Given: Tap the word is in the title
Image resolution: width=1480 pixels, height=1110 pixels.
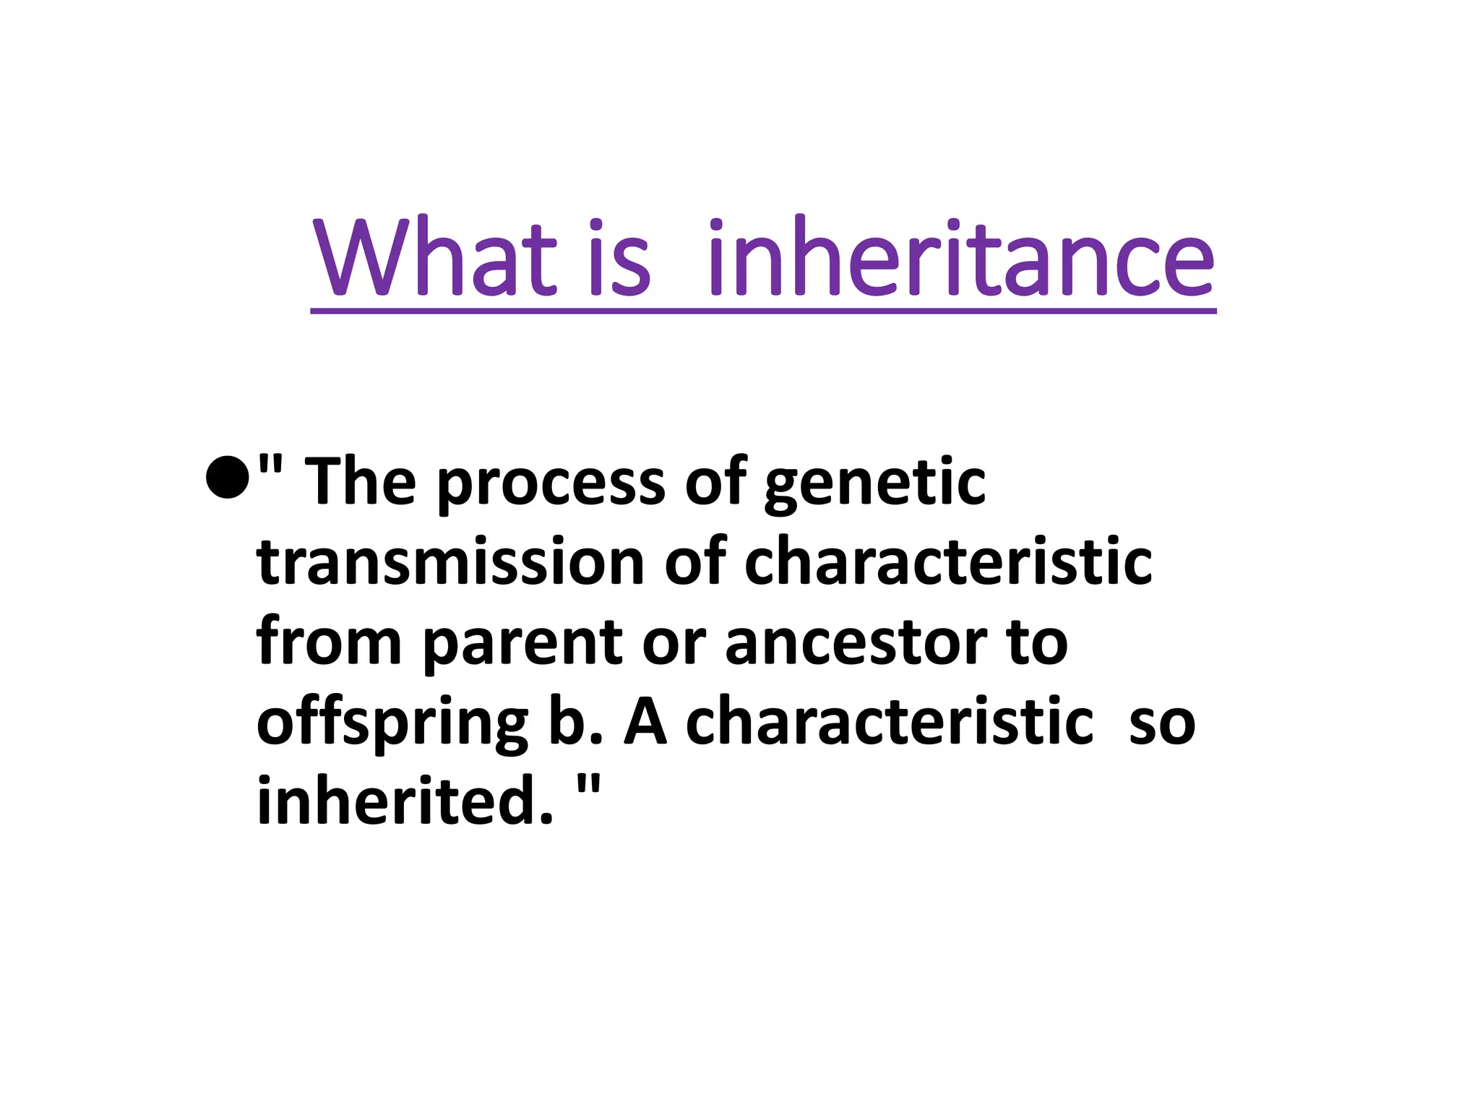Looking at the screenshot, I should click(x=619, y=258).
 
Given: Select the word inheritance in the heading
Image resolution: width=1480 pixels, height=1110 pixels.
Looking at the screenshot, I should click(x=961, y=258).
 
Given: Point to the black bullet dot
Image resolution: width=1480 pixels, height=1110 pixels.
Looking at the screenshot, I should click(x=227, y=477).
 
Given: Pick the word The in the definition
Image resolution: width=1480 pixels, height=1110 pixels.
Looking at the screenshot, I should click(x=361, y=482).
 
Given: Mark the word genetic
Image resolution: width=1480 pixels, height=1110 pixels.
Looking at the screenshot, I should click(x=874, y=486).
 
